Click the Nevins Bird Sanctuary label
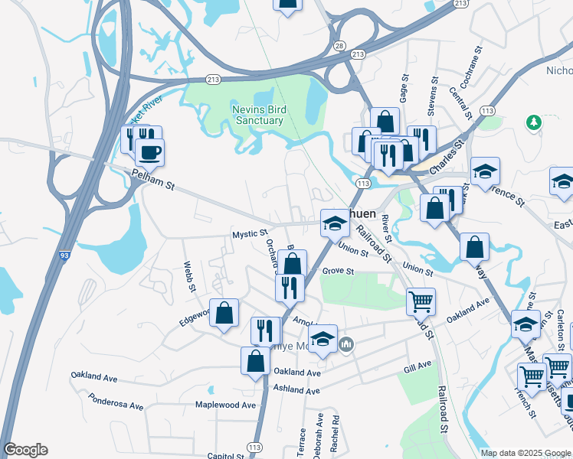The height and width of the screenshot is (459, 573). coord(258,115)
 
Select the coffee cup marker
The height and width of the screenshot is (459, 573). coord(149,151)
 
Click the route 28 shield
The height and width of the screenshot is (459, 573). coord(339,47)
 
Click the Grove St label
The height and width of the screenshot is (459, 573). coord(338,271)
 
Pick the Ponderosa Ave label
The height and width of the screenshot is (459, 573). coord(116,402)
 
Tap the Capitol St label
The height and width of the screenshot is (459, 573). coord(227,455)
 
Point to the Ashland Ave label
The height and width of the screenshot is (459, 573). coord(297,390)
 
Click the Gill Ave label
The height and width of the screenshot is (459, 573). coord(417,369)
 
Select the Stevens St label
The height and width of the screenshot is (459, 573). coord(433,96)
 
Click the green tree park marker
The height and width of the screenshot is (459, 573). coord(532,122)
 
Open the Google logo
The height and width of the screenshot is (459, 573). coord(25,450)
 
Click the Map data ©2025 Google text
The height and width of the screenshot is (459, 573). coord(525,453)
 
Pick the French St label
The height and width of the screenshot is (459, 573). coord(529,403)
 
